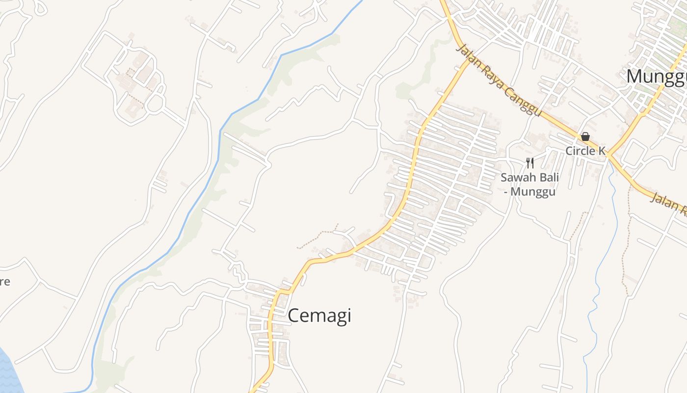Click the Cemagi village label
coord(319,316)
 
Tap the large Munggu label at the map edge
coord(657,77)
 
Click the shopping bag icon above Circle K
coord(585,137)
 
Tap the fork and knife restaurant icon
coord(529,163)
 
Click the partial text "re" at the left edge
coord(4,282)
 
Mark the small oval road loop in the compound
coord(155,103)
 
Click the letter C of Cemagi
coord(293,316)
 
